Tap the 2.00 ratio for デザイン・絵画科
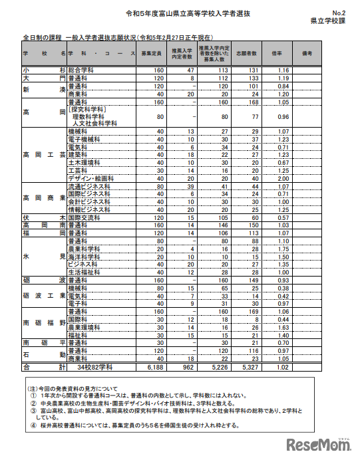coord(282,177)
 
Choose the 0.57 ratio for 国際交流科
coord(282,217)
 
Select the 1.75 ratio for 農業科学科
coord(282,249)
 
